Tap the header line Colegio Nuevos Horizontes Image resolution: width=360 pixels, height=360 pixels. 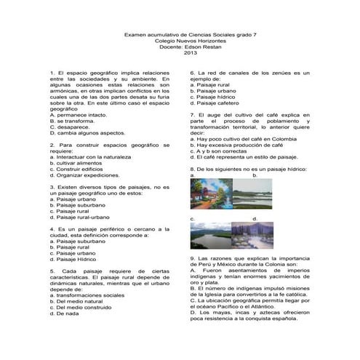pyautogui.click(x=191, y=40)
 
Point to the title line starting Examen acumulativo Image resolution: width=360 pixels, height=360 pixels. pyautogui.click(x=191, y=33)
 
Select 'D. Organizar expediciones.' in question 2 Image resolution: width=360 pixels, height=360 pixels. pyautogui.click(x=91, y=175)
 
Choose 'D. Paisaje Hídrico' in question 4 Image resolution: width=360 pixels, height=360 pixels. pyautogui.click(x=76, y=258)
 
